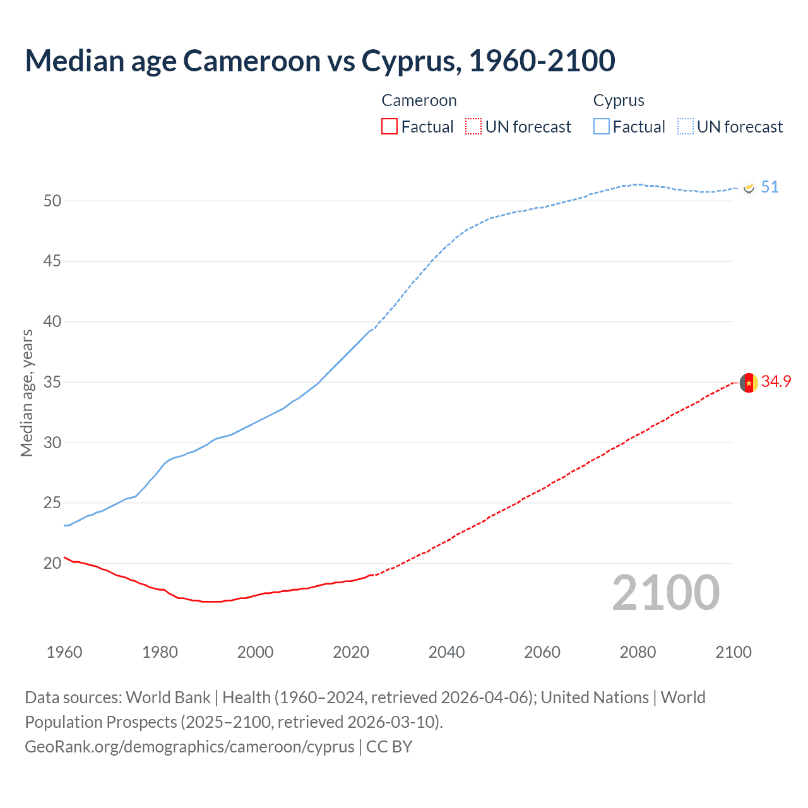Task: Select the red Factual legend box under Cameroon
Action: tap(389, 127)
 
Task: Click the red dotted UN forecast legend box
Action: tap(473, 127)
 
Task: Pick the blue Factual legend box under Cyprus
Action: tap(601, 127)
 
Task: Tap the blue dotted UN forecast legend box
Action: tap(685, 127)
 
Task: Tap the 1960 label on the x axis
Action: tap(64, 652)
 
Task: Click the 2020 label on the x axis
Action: tap(351, 652)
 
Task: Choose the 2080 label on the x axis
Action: tap(638, 652)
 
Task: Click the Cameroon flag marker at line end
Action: tap(749, 383)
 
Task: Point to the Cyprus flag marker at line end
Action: tap(749, 187)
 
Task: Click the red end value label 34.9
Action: tap(776, 381)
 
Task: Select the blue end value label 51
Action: tap(769, 187)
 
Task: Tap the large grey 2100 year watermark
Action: tap(665, 593)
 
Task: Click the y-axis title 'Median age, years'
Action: tap(27, 393)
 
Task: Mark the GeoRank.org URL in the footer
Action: tap(189, 747)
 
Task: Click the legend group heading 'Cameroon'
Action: tap(419, 101)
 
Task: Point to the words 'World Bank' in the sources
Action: tap(168, 698)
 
